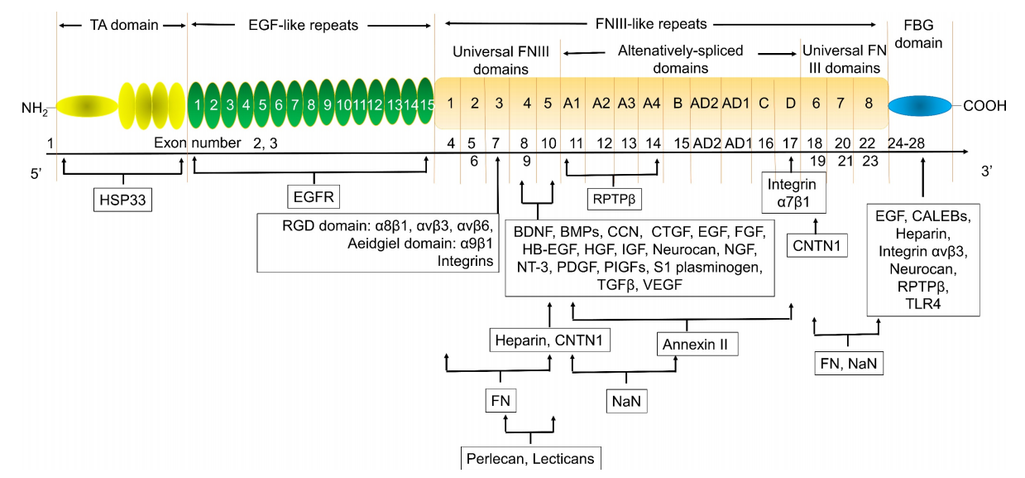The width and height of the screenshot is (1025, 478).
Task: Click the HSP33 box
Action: coord(122,199)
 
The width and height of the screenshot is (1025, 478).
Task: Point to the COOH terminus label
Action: coord(984,106)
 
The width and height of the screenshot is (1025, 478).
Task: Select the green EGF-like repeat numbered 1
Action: coord(199,105)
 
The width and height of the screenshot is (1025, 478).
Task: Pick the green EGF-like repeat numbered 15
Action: coord(425,105)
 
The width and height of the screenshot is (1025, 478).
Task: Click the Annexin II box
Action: coord(696,344)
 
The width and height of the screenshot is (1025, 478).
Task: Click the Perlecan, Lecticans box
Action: coord(529,458)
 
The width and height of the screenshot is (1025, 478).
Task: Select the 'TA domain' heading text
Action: coord(122,25)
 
